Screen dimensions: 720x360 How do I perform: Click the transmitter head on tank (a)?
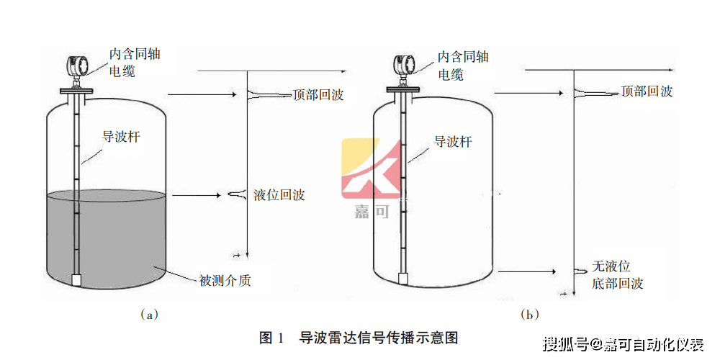coord(77,66)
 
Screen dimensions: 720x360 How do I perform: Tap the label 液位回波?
coord(279,195)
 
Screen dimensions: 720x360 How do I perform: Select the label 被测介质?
coord(225,280)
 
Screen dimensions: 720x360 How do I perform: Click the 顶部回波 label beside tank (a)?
coord(318,95)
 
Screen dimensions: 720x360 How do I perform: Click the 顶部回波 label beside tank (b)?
coord(647,91)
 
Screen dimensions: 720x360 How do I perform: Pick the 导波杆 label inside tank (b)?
coord(453,142)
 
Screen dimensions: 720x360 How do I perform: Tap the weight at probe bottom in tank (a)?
coord(77,279)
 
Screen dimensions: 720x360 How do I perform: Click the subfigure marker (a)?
coord(149,315)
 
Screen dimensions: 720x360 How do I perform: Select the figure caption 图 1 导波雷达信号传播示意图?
coord(359,338)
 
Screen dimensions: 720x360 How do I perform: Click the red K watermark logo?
coord(371,168)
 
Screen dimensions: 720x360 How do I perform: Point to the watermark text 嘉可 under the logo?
coord(371,212)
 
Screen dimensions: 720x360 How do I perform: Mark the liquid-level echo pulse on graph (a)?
coord(238,194)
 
